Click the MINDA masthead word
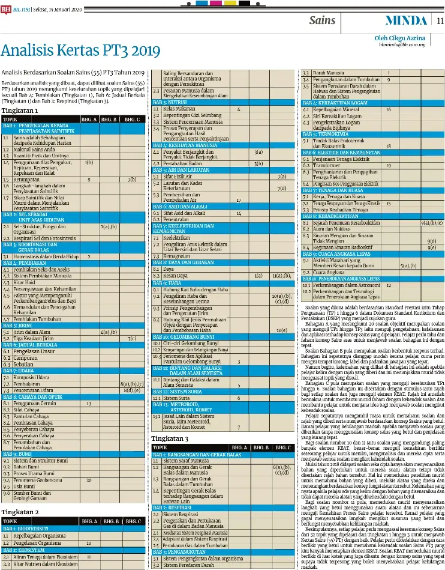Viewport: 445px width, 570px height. click(x=405, y=20)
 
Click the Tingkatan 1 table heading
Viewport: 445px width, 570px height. click(x=20, y=111)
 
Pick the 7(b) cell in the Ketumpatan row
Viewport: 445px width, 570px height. click(x=132, y=179)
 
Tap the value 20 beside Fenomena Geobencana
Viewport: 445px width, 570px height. click(x=89, y=480)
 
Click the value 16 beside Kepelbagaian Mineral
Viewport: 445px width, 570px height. click(x=389, y=109)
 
